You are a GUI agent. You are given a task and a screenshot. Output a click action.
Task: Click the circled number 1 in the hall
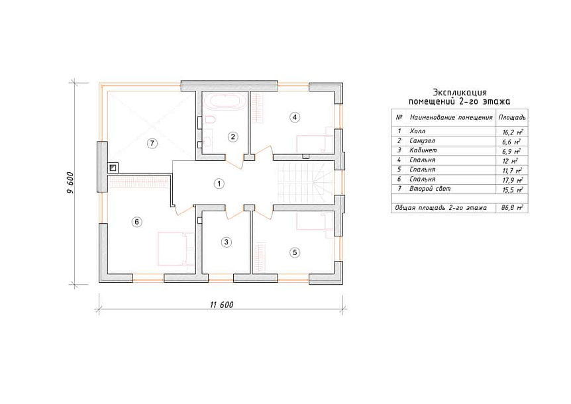[x=219, y=184]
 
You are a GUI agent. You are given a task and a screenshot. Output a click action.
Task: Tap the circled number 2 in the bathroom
[x=233, y=137]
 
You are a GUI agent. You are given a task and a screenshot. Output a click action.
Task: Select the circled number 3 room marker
[x=226, y=242]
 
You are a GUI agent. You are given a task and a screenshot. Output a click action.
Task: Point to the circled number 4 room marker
[x=295, y=117]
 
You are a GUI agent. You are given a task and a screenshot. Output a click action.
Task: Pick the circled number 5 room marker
[x=295, y=252]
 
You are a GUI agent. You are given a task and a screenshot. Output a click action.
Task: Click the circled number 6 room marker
[x=136, y=222]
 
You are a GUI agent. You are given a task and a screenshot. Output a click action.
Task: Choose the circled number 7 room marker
[x=152, y=144]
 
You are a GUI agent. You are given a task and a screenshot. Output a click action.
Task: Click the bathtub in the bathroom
[x=225, y=101]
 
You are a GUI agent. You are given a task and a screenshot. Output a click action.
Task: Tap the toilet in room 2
[x=210, y=119]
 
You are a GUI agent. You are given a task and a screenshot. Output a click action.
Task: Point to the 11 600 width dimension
[x=221, y=305]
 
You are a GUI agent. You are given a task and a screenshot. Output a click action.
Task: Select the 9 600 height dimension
[x=70, y=183]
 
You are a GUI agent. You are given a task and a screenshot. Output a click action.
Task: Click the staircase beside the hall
[x=306, y=183]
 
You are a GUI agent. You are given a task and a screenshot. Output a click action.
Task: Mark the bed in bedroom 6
[x=176, y=249]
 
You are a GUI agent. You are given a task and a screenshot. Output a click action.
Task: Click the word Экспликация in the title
[x=459, y=93]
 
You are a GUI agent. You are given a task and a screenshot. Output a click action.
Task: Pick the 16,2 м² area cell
[x=512, y=132]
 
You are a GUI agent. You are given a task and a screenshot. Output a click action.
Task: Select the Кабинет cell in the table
[x=423, y=150]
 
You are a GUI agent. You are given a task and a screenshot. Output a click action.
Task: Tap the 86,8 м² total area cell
[x=512, y=208]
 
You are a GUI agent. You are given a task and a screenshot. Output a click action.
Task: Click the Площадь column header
[x=511, y=118]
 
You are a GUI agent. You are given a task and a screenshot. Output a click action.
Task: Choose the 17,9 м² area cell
[x=512, y=180]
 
